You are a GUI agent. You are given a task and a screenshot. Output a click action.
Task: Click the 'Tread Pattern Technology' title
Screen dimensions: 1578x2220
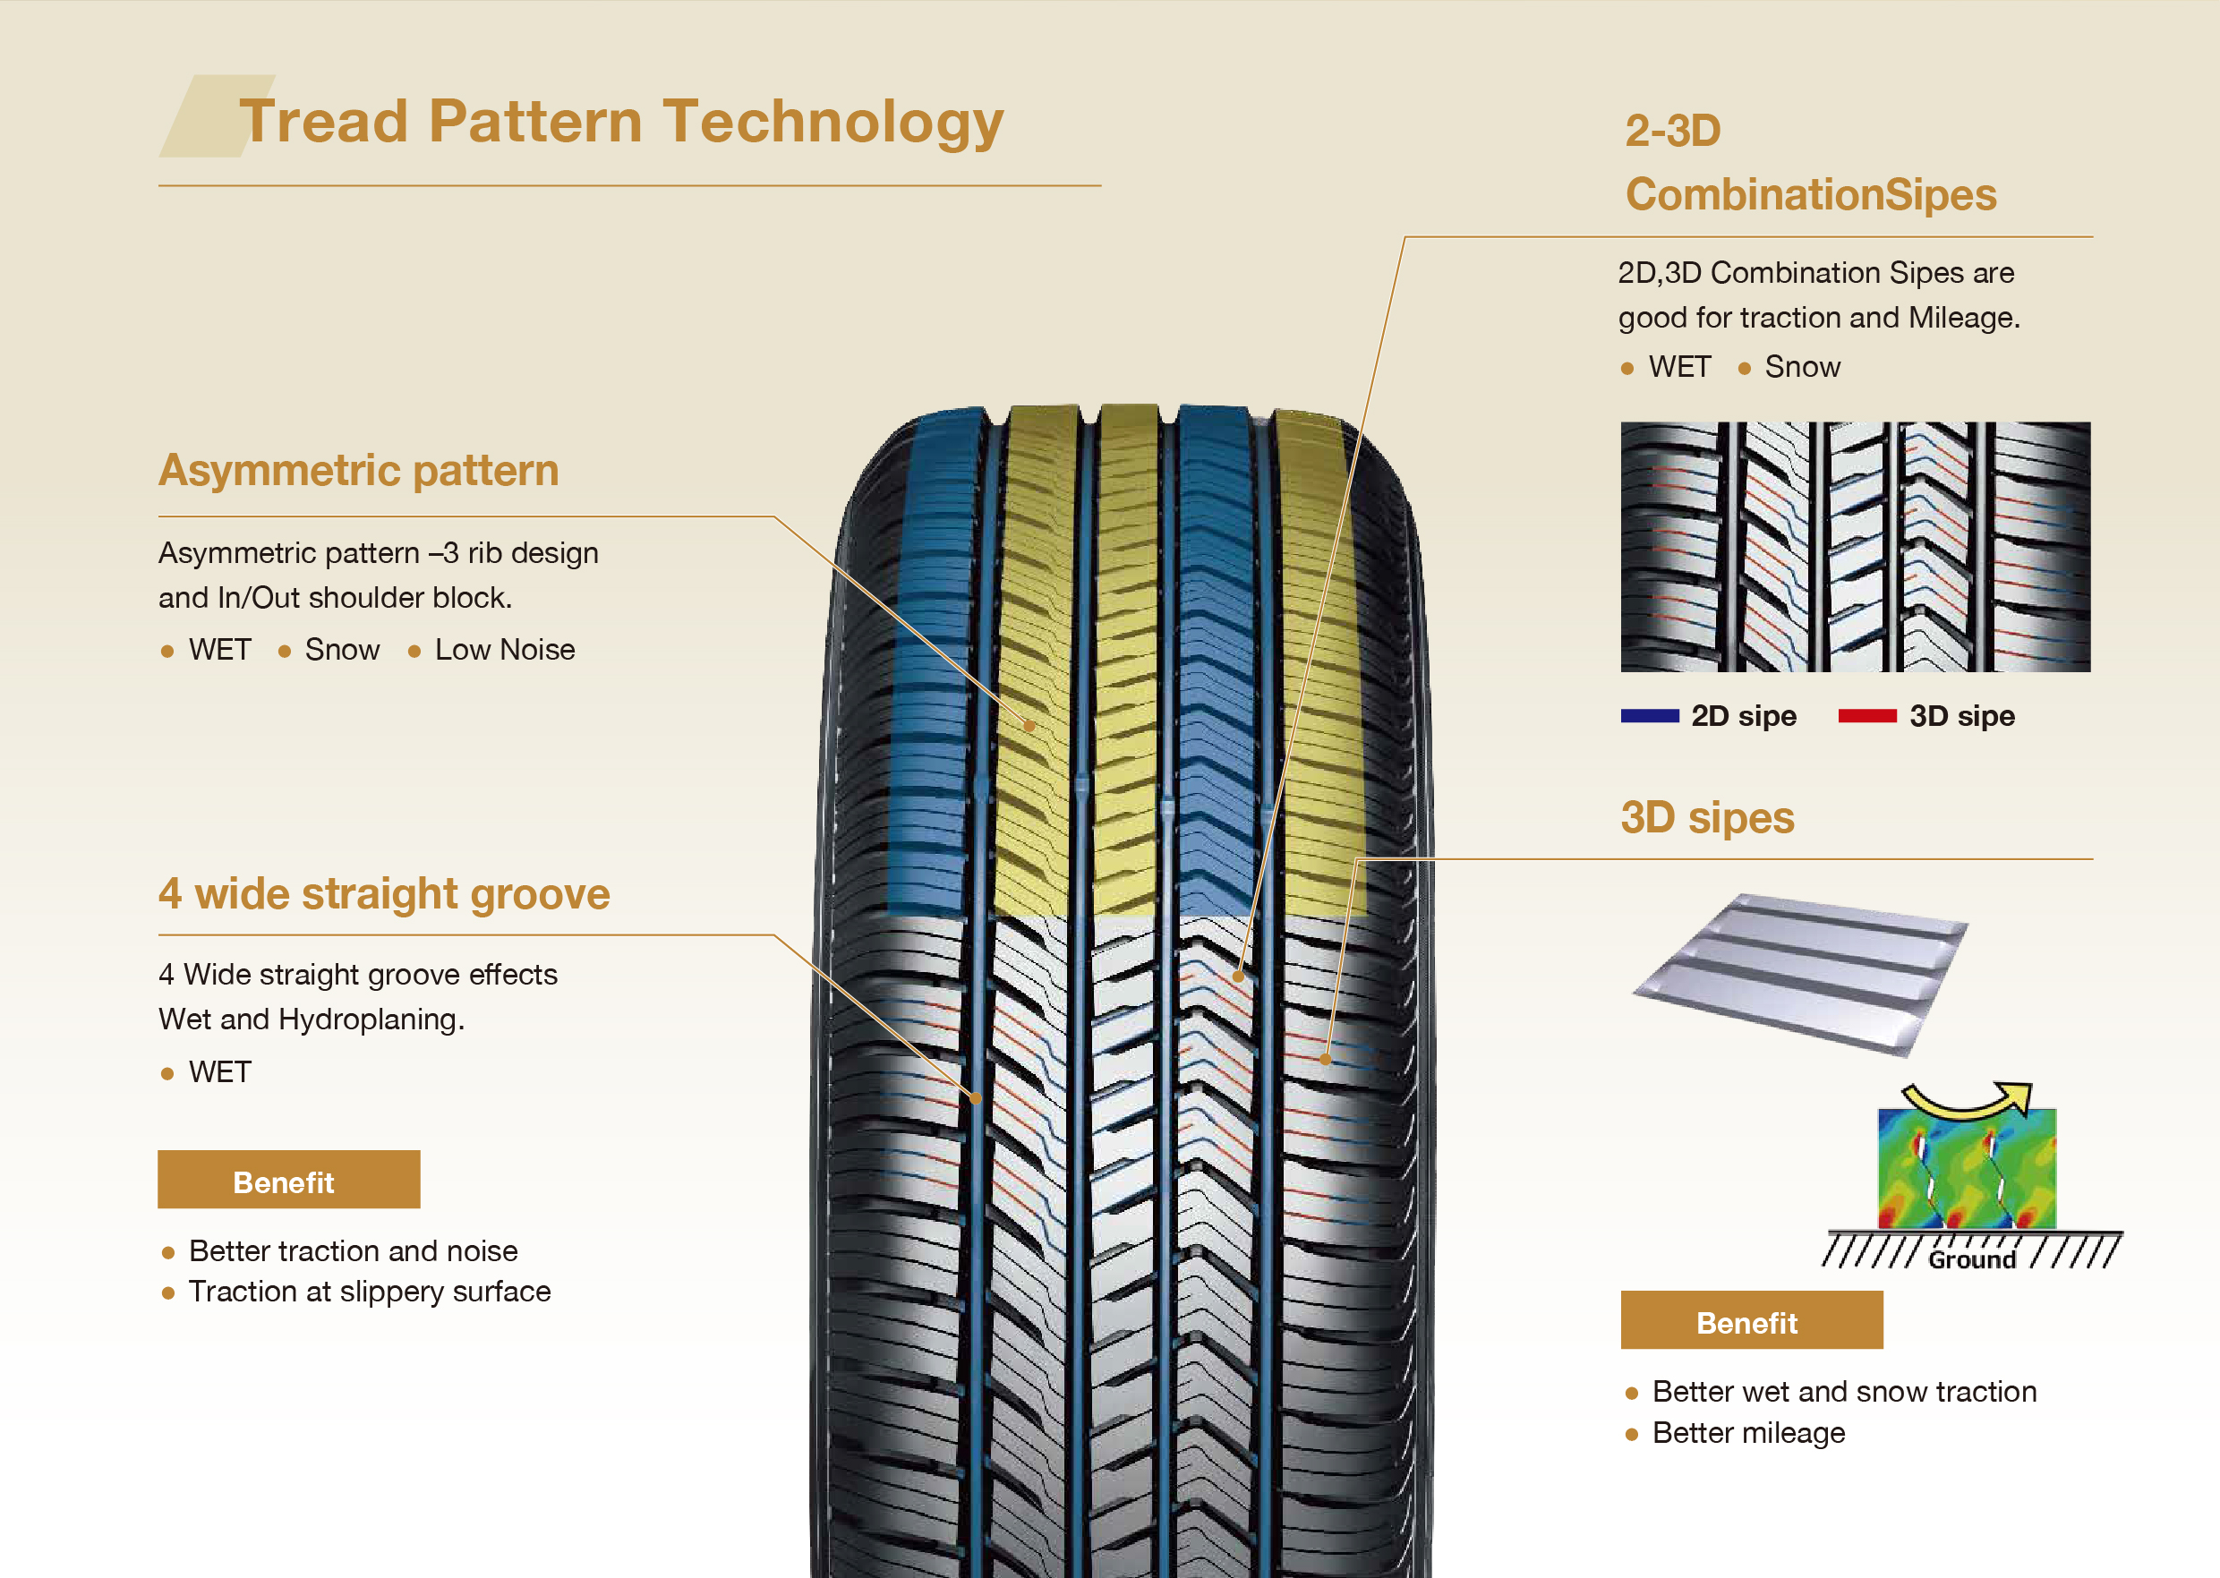(x=621, y=122)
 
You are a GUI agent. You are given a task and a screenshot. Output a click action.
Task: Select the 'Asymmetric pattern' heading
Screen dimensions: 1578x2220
(x=358, y=470)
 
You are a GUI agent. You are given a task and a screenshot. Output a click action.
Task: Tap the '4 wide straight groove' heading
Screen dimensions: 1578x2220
(x=384, y=894)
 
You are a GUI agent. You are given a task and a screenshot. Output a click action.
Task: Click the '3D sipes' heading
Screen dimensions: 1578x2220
(x=1707, y=818)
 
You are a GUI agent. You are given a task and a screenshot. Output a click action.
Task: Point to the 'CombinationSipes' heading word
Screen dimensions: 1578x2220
(x=1811, y=194)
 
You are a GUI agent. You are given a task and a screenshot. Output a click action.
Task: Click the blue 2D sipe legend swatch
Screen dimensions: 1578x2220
(x=1650, y=716)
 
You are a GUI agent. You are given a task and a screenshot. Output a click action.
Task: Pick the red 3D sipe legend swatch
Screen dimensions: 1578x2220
(x=1867, y=716)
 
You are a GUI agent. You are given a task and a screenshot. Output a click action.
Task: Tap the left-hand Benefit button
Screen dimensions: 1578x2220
(x=288, y=1181)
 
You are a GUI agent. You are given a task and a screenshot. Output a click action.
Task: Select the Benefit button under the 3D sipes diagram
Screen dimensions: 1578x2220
(x=1751, y=1320)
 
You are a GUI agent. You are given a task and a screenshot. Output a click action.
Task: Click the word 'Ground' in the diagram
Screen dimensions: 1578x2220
(x=1971, y=1260)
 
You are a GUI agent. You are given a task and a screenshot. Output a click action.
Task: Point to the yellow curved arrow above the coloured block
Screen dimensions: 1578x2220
(x=1967, y=1099)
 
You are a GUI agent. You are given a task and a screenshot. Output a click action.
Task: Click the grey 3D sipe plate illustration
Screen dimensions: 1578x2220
(x=1799, y=972)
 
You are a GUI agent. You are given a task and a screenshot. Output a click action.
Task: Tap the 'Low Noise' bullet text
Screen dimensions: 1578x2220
(x=504, y=650)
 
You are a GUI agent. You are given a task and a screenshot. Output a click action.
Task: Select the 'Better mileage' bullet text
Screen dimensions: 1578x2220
(x=1748, y=1433)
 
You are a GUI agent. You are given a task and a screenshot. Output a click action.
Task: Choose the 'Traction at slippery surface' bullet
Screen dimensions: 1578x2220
(x=369, y=1292)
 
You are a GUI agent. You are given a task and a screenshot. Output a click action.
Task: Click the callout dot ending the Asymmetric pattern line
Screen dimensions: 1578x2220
(x=1029, y=725)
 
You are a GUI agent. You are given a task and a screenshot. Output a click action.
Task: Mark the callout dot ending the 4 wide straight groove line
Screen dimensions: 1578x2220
(x=976, y=1098)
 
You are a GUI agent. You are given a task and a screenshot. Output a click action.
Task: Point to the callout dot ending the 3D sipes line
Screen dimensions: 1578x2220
(x=1325, y=1059)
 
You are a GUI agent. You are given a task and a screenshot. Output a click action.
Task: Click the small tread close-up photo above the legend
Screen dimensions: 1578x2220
(x=1855, y=547)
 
